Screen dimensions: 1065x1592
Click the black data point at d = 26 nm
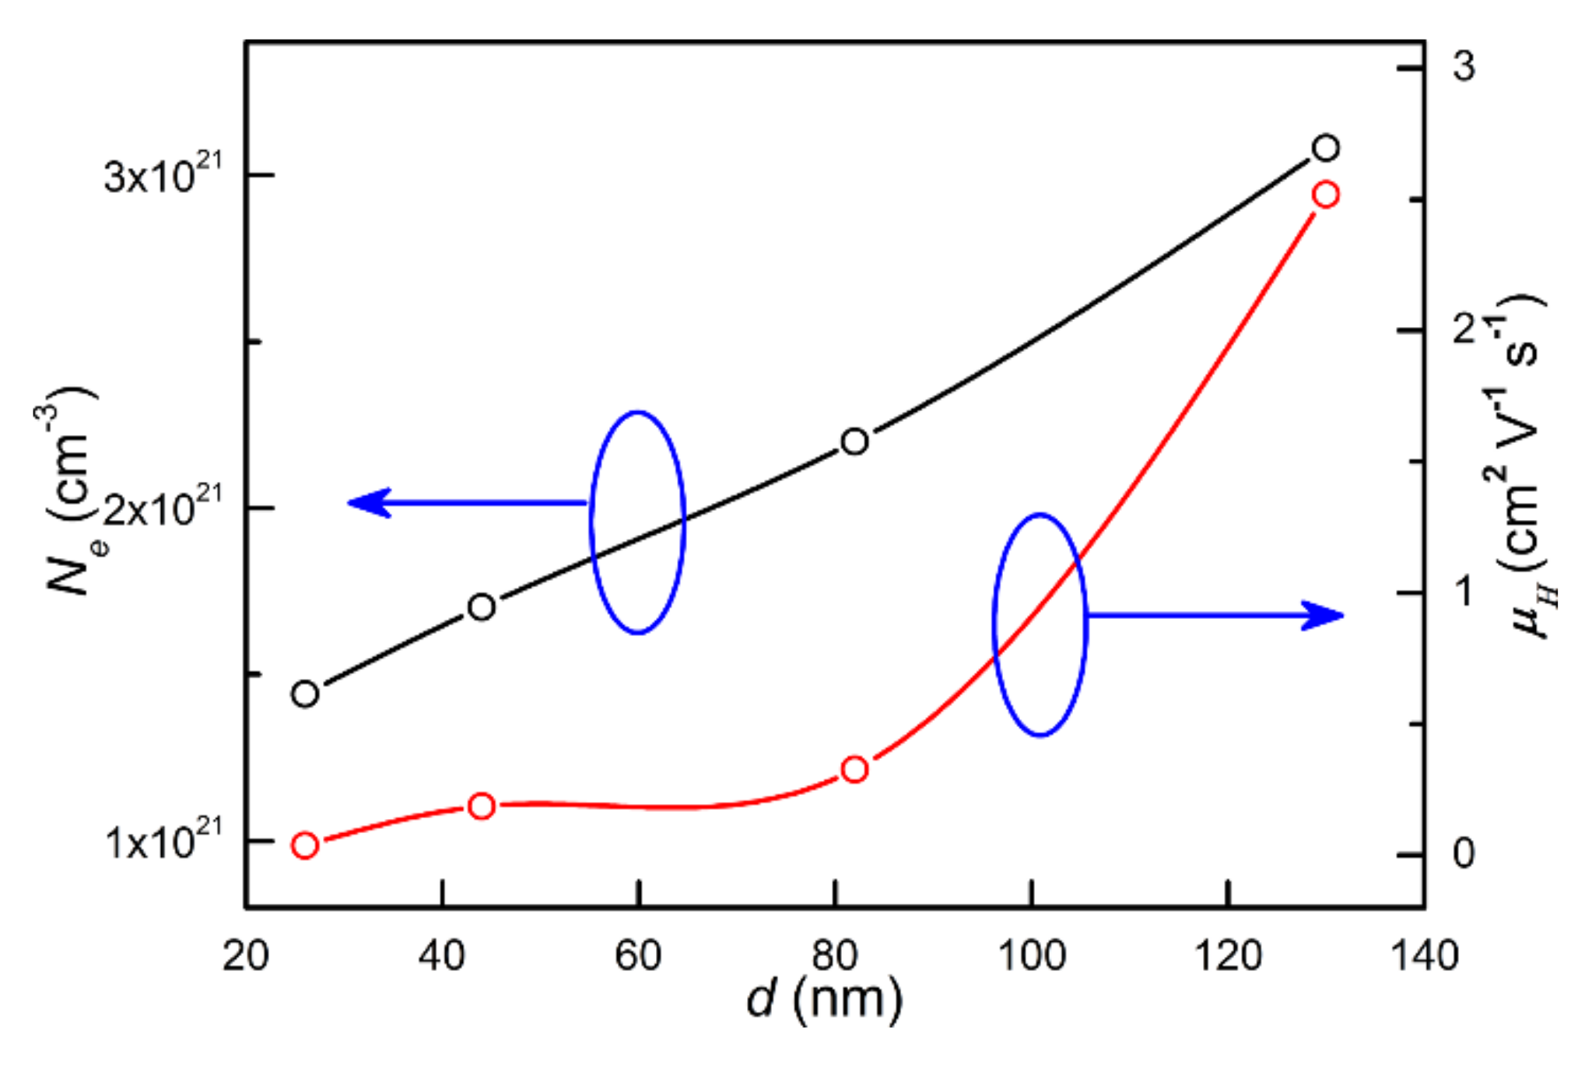point(305,694)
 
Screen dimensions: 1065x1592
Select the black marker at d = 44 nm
point(482,607)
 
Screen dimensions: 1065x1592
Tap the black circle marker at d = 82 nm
point(854,441)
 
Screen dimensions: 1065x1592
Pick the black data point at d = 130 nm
point(1326,148)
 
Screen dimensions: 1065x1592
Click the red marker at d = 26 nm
point(305,845)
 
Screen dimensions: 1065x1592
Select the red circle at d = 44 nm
point(482,806)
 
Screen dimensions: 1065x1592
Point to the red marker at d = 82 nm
point(854,769)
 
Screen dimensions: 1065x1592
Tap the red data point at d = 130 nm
point(1326,195)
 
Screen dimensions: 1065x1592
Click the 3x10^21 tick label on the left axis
point(162,174)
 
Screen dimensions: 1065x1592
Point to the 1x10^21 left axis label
point(162,841)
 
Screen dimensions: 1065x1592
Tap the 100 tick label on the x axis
point(1031,956)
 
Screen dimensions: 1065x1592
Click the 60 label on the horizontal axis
point(638,956)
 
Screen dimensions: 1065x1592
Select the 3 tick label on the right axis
point(1463,67)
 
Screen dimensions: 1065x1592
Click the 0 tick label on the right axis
point(1463,854)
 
